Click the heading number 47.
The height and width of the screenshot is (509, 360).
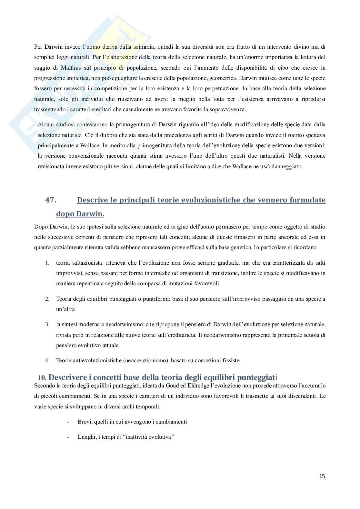51,200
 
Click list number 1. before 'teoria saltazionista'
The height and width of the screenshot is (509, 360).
47,263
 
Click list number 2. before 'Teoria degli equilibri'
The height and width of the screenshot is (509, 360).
47,299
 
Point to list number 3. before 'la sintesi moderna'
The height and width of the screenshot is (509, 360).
47,324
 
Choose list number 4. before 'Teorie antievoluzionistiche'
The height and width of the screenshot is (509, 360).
47,360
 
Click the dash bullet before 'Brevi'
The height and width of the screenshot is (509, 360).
67,422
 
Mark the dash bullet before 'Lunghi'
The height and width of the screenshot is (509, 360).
67,437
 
